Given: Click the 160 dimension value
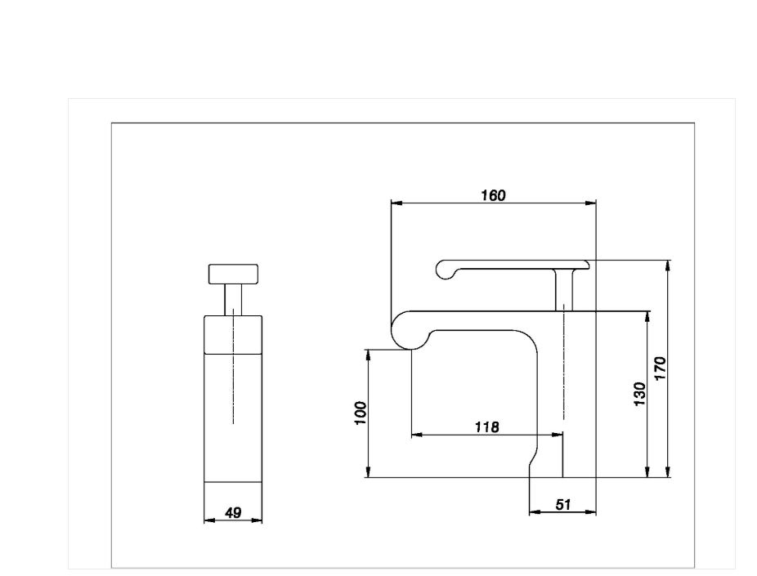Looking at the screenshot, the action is pos(493,195).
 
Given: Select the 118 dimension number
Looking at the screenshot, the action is pos(486,427).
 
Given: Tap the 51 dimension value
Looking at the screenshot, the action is pos(563,505).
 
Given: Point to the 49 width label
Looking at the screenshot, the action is pos(233,512).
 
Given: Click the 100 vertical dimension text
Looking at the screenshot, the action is pos(361,413).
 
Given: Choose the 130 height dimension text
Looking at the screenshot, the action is pos(639,394).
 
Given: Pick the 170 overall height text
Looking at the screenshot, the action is pos(660,368).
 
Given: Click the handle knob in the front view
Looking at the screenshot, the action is pos(233,274).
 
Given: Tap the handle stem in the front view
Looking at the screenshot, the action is pos(233,300).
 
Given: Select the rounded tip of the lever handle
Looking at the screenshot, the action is pos(445,270).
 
